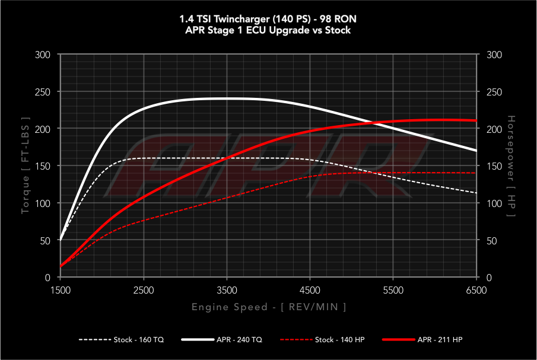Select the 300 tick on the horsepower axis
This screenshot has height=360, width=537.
(x=494, y=55)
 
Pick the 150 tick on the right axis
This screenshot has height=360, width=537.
(x=494, y=166)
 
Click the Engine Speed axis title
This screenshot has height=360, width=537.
(x=268, y=307)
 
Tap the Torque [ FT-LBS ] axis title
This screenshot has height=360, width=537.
(x=26, y=166)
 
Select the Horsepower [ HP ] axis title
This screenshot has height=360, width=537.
(x=511, y=166)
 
